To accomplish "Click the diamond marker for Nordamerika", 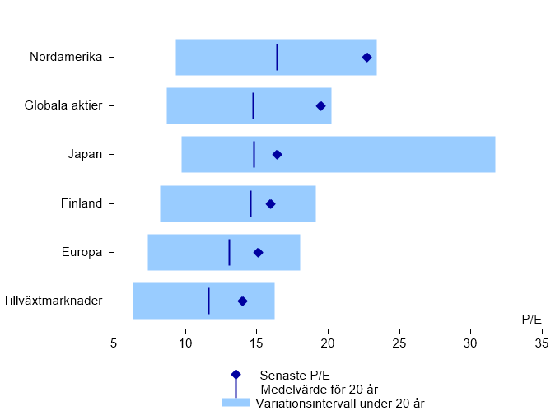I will pos(366,57).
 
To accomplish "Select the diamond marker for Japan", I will pos(277,155).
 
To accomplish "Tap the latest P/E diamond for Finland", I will pos(270,203).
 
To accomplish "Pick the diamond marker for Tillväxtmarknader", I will pos(242,301).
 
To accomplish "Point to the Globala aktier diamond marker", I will pos(320,106).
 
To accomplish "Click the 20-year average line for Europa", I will pos(229,252).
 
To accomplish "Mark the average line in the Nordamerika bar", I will pos(277,57).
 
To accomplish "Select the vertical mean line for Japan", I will pos(254,154).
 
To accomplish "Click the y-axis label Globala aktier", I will pos(69,106).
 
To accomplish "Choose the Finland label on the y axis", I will pos(82,203).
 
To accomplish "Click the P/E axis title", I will pos(532,319).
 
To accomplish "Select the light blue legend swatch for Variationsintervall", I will pos(235,403).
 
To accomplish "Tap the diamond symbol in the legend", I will pos(236,374).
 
